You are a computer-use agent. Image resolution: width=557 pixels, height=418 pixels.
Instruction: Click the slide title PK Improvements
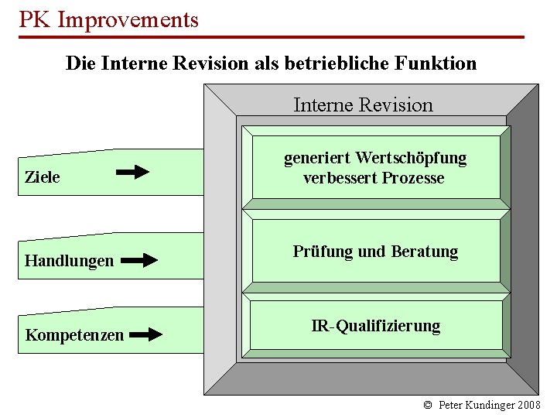(108, 19)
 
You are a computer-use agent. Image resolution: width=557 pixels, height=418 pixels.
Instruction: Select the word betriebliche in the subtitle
(337, 63)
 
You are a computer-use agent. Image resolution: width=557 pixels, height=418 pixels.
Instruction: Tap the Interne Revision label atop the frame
(363, 104)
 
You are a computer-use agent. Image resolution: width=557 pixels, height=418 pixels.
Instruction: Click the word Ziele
(43, 177)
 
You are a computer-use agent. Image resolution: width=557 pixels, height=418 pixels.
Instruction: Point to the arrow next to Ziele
(132, 172)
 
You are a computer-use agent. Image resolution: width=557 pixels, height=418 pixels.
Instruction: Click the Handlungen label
(69, 261)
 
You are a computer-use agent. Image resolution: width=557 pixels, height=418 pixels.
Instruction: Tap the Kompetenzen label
(74, 335)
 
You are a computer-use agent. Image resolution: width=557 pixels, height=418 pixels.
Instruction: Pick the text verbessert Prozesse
(374, 178)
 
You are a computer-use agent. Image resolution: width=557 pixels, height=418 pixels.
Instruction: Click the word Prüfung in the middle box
(323, 252)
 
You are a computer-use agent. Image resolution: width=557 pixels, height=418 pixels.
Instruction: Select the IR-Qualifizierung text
(375, 326)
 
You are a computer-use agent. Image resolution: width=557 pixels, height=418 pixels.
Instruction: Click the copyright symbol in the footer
(428, 405)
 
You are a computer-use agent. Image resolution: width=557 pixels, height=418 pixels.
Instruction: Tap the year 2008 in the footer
(529, 405)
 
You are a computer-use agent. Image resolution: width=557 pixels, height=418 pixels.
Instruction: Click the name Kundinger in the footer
(490, 405)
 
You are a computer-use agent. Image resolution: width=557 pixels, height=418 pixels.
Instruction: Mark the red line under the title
(271, 37)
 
